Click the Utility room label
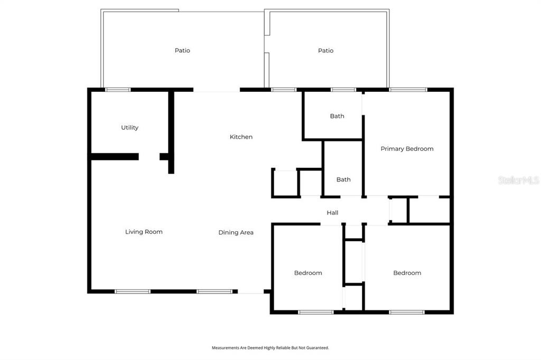pyautogui.click(x=130, y=128)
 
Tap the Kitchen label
pyautogui.click(x=241, y=137)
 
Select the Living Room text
pyautogui.click(x=144, y=232)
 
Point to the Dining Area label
pyautogui.click(x=236, y=232)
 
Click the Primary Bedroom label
pyautogui.click(x=407, y=149)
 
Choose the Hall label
pyautogui.click(x=333, y=213)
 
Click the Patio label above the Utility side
pyautogui.click(x=182, y=50)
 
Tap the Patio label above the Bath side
pyautogui.click(x=325, y=51)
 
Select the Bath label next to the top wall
pyautogui.click(x=337, y=116)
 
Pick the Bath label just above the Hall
pyautogui.click(x=343, y=179)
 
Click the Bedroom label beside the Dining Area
pyautogui.click(x=308, y=273)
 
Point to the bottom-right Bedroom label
pyautogui.click(x=407, y=273)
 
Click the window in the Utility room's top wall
pyautogui.click(x=118, y=90)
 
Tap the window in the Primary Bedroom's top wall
pyautogui.click(x=408, y=90)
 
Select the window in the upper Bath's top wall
pyautogui.click(x=343, y=90)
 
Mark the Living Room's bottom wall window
pyautogui.click(x=133, y=292)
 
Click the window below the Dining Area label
pyautogui.click(x=214, y=292)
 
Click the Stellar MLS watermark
pyautogui.click(x=519, y=180)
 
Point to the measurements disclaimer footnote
pyautogui.click(x=270, y=348)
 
